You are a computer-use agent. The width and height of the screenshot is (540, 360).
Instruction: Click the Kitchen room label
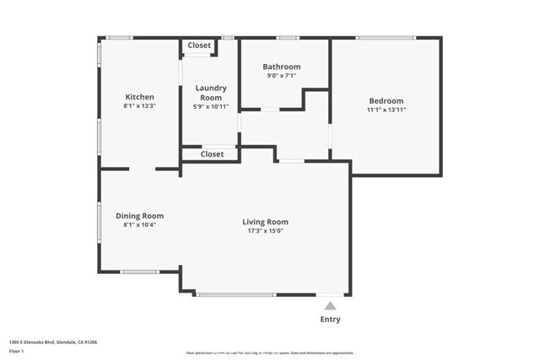139,97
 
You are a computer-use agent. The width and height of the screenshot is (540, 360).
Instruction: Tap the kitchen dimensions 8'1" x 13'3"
139,107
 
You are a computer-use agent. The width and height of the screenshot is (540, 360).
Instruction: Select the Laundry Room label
211,93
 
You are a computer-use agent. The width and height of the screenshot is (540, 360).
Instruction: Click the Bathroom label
281,67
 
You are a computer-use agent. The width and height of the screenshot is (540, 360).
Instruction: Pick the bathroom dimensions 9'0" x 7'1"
281,77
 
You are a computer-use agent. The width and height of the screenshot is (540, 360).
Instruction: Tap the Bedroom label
385,100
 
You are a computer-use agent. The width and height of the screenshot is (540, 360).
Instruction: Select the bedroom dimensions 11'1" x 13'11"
385,110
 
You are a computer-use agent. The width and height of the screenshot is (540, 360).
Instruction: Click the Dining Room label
139,216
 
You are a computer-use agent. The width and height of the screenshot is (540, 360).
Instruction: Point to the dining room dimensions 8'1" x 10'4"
139,225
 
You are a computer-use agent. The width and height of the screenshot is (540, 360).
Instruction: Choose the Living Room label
266,222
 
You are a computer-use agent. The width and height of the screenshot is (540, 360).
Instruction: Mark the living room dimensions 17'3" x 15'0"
266,231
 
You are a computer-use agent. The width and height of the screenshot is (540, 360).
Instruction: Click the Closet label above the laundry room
199,46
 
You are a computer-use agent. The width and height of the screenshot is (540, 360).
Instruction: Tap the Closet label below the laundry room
212,154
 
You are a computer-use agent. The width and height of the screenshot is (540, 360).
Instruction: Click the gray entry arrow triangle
331,306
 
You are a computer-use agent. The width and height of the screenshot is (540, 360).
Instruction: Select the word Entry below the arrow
331,320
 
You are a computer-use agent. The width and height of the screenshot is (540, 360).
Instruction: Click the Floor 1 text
16,350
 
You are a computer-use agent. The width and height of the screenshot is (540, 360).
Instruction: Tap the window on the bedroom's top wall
386,37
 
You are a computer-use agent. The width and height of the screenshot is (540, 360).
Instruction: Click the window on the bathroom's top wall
289,37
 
